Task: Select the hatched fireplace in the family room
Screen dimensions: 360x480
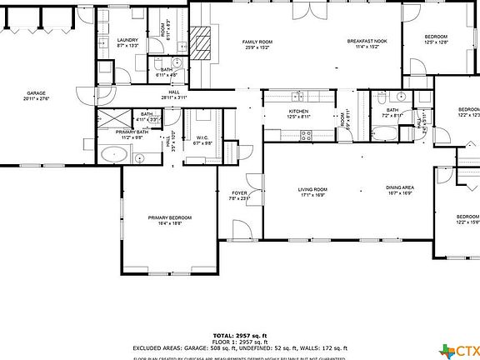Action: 200,42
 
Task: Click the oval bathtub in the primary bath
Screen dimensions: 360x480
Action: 114,153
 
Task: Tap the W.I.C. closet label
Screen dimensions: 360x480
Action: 202,139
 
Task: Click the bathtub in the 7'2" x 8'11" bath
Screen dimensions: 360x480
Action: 386,133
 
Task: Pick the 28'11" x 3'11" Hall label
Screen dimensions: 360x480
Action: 174,95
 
